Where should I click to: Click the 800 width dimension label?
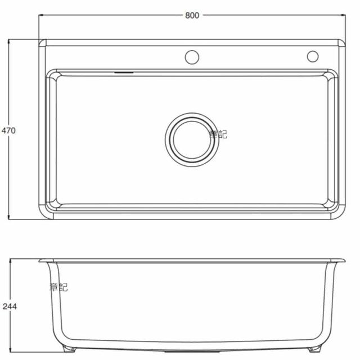(192, 15)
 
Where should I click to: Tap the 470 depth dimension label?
(8, 130)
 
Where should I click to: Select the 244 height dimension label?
(9, 307)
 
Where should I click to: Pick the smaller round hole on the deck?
(313, 56)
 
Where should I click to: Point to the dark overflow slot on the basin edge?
(124, 72)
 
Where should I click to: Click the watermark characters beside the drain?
(217, 134)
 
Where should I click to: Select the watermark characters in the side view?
(58, 287)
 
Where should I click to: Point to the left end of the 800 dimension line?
(39, 15)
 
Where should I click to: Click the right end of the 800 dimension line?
(344, 15)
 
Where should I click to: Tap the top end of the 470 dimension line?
(8, 40)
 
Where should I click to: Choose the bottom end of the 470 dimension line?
(8, 219)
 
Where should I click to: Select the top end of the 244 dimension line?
(9, 259)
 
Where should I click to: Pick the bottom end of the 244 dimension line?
(9, 353)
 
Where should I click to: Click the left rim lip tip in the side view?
(40, 260)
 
